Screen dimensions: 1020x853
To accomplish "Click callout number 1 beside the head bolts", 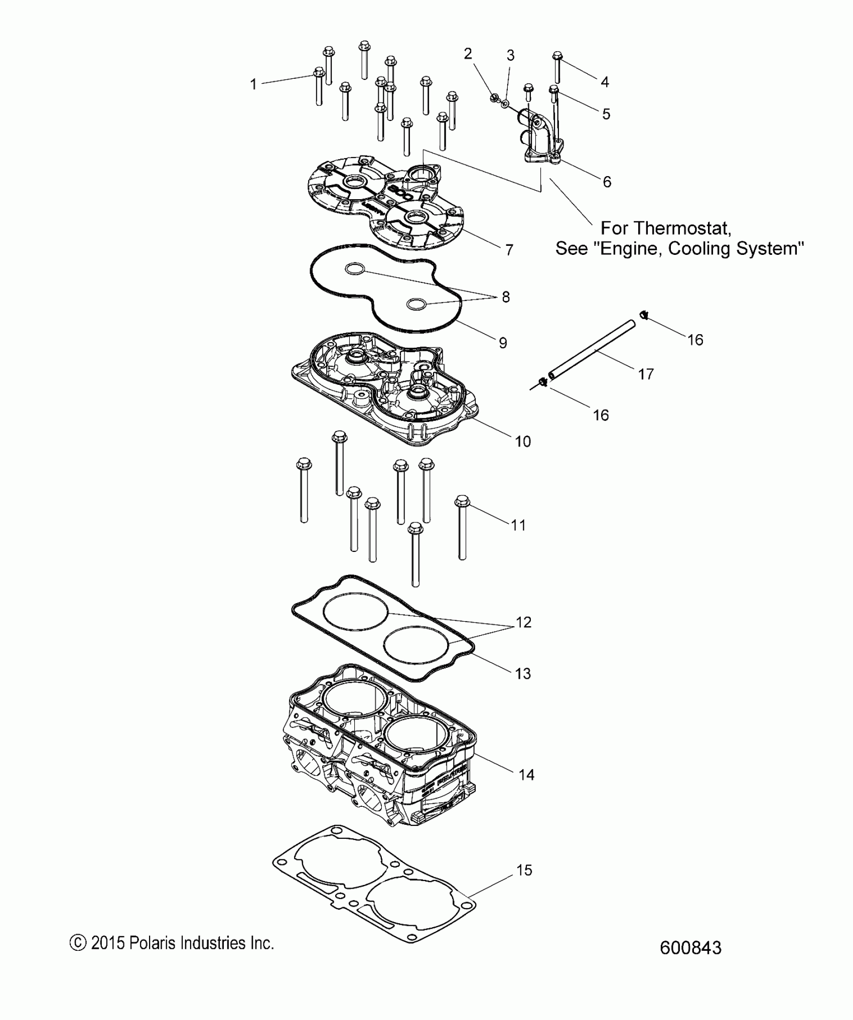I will (x=253, y=84).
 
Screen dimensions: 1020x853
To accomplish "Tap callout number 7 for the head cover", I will (x=509, y=249).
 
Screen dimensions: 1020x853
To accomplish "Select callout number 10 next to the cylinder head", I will (x=523, y=442).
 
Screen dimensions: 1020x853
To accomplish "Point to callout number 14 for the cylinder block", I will (x=526, y=775).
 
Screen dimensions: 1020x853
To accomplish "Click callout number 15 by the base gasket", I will (x=524, y=869).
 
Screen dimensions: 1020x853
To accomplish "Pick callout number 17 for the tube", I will (x=646, y=374).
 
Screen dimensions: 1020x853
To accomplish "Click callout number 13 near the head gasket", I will (x=523, y=673).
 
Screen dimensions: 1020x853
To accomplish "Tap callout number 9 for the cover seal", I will (x=503, y=343).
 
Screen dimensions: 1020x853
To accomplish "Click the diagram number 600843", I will (x=690, y=948).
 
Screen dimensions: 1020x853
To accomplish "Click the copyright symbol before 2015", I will (x=77, y=943).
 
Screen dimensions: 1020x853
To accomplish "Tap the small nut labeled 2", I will (x=494, y=97).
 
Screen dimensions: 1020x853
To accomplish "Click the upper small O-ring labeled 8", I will (x=355, y=270).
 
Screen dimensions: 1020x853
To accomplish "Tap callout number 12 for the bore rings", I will (x=523, y=622).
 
